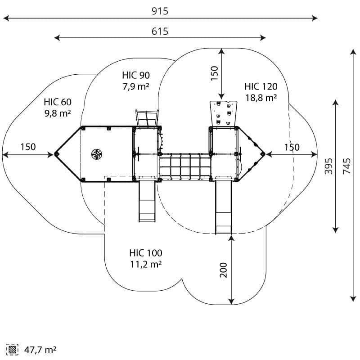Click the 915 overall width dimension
tap(160, 11)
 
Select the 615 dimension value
tap(160, 31)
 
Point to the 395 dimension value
tap(329, 166)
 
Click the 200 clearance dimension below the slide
tap(224, 269)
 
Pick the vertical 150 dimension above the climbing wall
tap(214, 73)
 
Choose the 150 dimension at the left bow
tap(28, 147)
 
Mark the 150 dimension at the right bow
tap(292, 147)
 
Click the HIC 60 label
tap(58, 102)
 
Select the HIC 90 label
tap(136, 75)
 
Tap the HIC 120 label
tap(261, 86)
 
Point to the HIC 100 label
tap(146, 253)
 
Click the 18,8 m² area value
tap(261, 98)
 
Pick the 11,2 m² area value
tap(146, 265)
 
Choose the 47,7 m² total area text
tap(40, 349)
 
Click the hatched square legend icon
tap(12, 349)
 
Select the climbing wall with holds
tap(223, 113)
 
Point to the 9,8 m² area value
tap(58, 114)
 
